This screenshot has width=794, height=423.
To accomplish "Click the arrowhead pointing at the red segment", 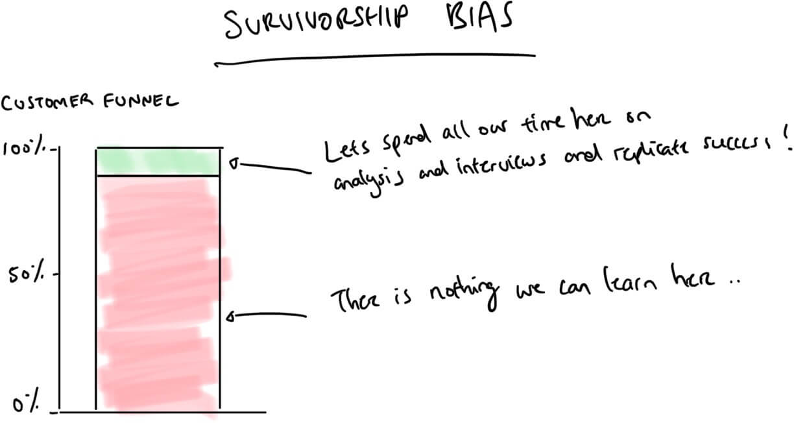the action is [x=231, y=317].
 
